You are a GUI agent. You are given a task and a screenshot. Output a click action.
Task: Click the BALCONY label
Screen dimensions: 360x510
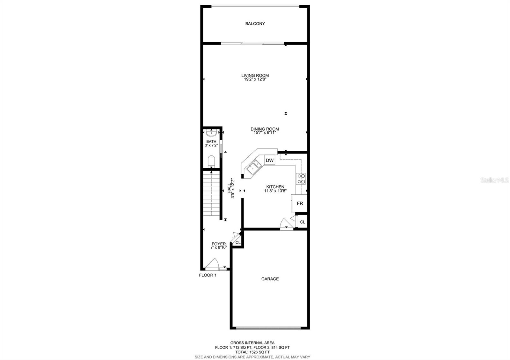(x=255, y=24)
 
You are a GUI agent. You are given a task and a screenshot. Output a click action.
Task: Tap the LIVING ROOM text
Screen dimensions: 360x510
(x=255, y=76)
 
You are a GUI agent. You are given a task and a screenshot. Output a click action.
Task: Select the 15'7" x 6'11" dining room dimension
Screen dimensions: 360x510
(x=265, y=133)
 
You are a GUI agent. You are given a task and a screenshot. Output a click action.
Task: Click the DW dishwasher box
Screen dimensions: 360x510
(x=270, y=161)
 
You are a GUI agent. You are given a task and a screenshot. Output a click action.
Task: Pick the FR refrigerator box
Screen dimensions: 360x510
(x=300, y=203)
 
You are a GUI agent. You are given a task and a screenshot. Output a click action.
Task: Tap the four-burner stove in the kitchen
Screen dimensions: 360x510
(x=301, y=179)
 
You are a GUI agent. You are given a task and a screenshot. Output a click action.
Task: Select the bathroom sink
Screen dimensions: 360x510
(x=211, y=133)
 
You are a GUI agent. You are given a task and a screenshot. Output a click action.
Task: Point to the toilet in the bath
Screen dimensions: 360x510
(x=211, y=161)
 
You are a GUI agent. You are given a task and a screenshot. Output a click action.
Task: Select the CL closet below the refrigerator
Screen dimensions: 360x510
(x=302, y=222)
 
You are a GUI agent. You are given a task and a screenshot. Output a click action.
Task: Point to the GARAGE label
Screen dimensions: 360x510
(x=270, y=279)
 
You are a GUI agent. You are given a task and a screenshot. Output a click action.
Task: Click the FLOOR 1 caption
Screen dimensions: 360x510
(x=208, y=275)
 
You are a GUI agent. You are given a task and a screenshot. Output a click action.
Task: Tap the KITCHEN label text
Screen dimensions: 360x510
(x=275, y=187)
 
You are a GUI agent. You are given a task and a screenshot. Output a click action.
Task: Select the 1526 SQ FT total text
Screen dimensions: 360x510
(x=252, y=352)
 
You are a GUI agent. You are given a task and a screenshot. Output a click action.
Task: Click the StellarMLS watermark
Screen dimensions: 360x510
(x=495, y=180)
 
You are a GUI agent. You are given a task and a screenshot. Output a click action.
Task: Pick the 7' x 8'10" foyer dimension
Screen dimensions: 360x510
(x=219, y=248)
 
